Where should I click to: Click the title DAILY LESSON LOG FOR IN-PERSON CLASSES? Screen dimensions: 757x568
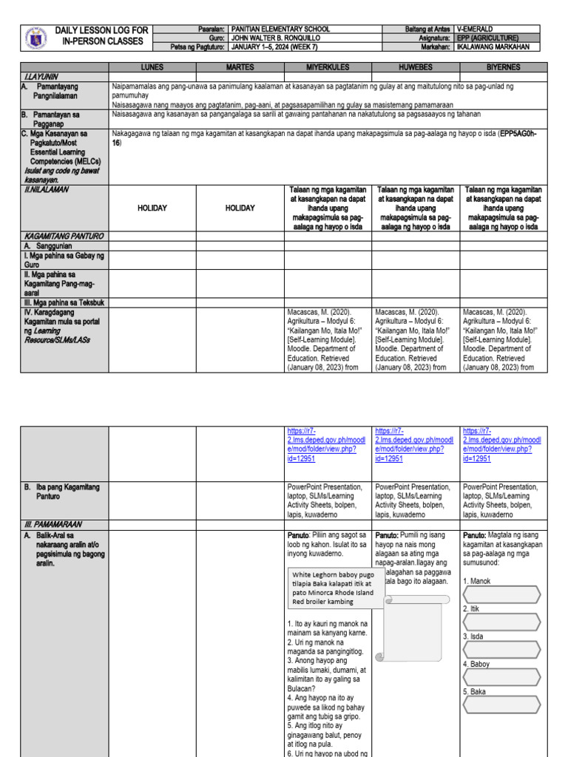click(x=101, y=35)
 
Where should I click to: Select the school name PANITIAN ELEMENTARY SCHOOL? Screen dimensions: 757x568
click(x=280, y=30)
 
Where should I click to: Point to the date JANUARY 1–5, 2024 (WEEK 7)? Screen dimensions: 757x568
click(x=280, y=47)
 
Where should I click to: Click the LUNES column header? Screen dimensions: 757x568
click(x=152, y=67)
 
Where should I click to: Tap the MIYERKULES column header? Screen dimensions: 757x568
click(x=328, y=67)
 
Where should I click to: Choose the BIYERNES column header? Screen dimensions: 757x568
click(x=504, y=67)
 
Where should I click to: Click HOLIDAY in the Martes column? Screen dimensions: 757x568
click(x=240, y=208)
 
